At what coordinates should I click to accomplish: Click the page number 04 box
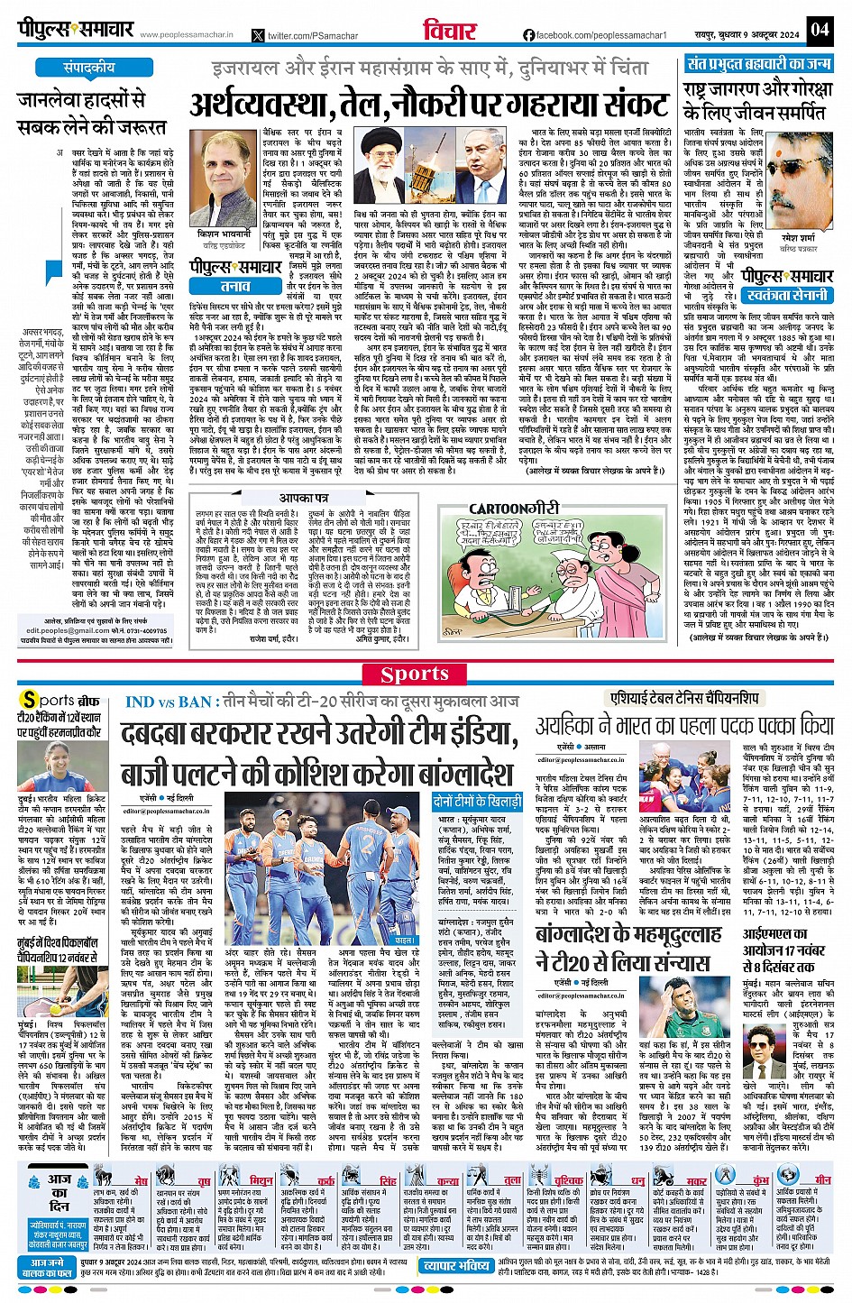[819, 29]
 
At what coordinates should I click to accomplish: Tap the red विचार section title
[449, 30]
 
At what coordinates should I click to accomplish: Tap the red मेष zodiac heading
[142, 1180]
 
